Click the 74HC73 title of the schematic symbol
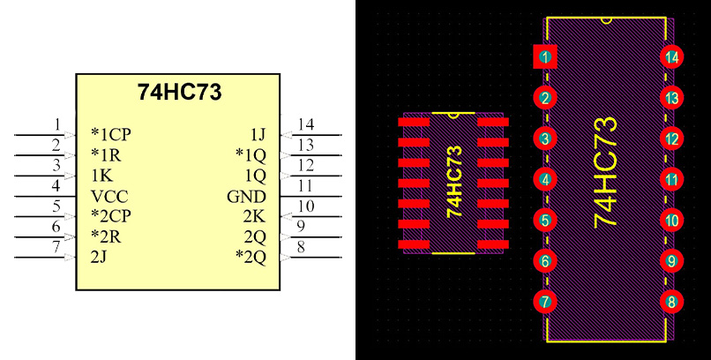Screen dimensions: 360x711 pos(179,92)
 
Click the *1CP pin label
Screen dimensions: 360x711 pos(113,134)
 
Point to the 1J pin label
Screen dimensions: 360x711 pos(257,134)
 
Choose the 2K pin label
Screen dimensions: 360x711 pos(254,216)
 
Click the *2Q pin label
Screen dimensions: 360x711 pos(251,257)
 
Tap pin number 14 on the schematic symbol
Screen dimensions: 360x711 pos(306,124)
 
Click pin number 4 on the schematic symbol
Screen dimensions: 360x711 pos(56,186)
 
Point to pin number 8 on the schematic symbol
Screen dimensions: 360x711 pos(302,248)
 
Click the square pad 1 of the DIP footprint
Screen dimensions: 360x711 pos(546,57)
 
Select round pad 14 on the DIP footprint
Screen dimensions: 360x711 pos(672,57)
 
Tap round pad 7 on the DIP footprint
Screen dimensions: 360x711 pos(546,302)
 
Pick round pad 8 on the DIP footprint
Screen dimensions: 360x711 pos(672,302)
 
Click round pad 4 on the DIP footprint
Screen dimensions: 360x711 pos(546,180)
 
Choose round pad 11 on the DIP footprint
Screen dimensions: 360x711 pos(672,180)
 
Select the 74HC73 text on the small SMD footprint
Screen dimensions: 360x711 pos(454,182)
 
